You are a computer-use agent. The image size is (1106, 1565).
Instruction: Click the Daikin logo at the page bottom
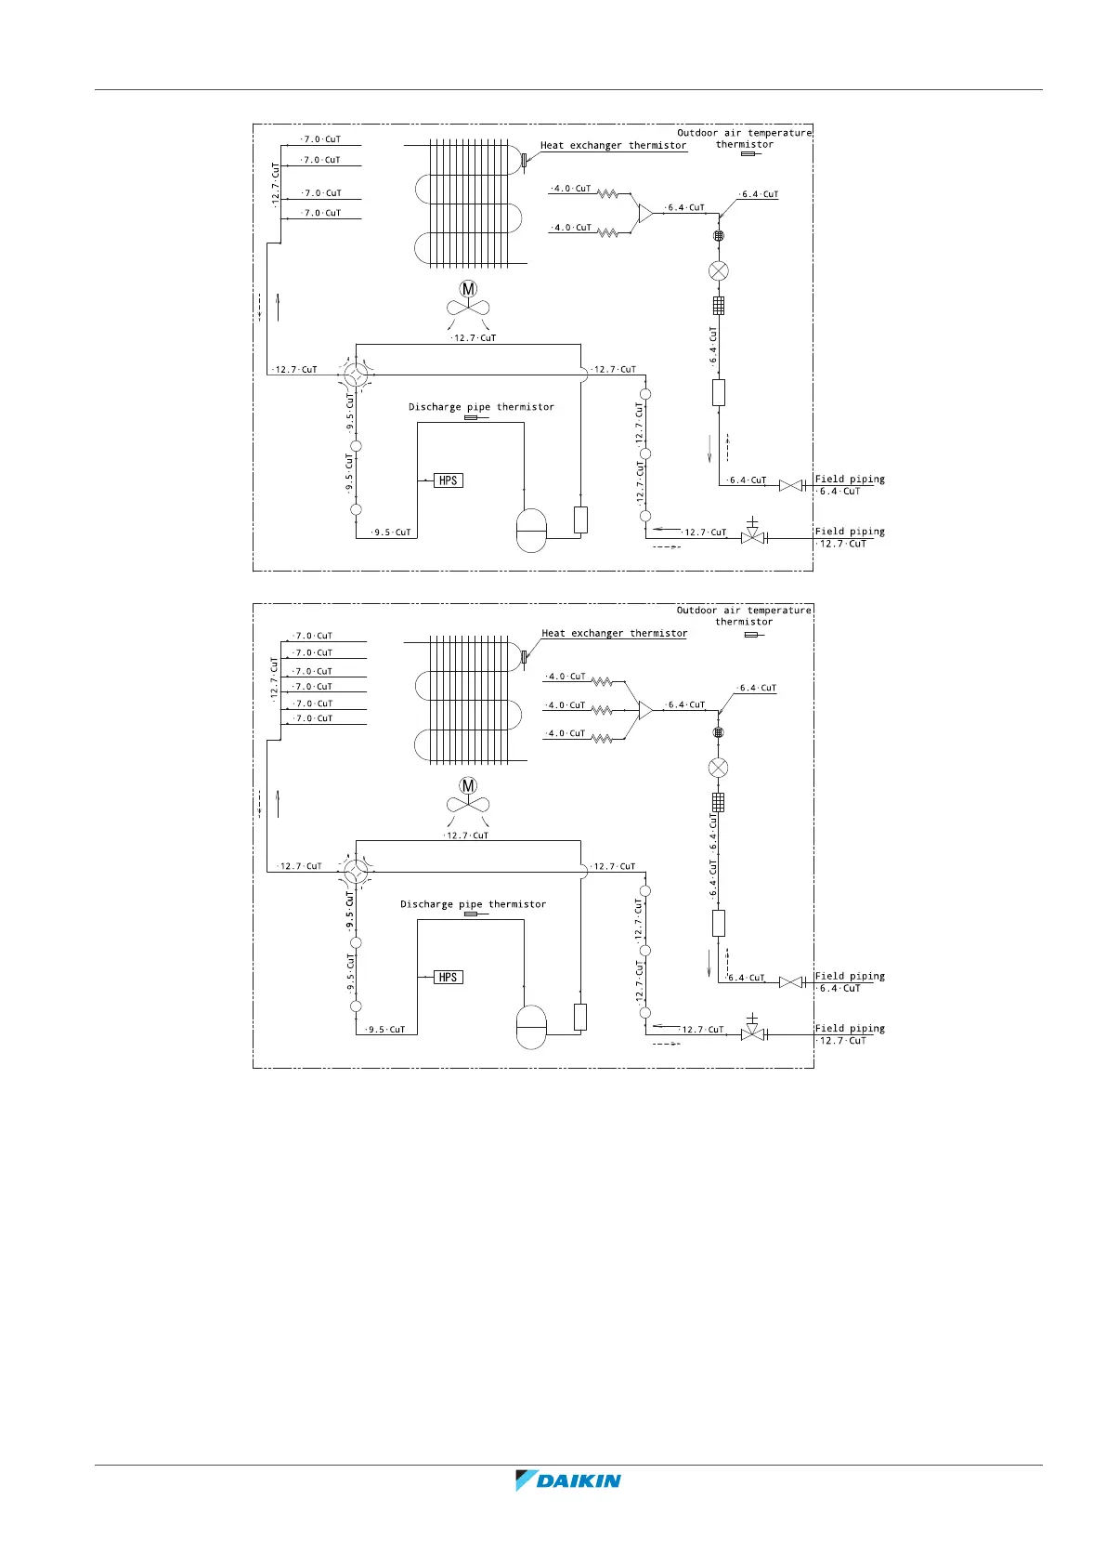568,1480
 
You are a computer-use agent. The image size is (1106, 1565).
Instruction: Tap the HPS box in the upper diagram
449,480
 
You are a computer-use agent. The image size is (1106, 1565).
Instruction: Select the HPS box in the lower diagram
449,978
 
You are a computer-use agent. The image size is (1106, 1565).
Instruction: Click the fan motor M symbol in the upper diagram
468,289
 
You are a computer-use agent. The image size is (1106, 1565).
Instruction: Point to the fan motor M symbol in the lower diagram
468,786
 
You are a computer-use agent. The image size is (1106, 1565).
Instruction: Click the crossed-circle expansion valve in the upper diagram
718,271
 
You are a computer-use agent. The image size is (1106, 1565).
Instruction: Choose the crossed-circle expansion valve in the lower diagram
718,768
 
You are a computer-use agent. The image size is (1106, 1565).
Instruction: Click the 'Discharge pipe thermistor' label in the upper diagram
481,407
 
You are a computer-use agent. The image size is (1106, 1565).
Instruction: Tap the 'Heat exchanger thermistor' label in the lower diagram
615,634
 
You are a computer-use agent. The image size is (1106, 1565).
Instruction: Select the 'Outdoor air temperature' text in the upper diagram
744,133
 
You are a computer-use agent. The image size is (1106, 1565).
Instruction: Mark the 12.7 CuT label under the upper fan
475,338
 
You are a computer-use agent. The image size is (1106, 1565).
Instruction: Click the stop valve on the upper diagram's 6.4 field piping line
791,485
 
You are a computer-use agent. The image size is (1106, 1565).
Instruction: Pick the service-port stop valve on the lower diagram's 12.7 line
752,1032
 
